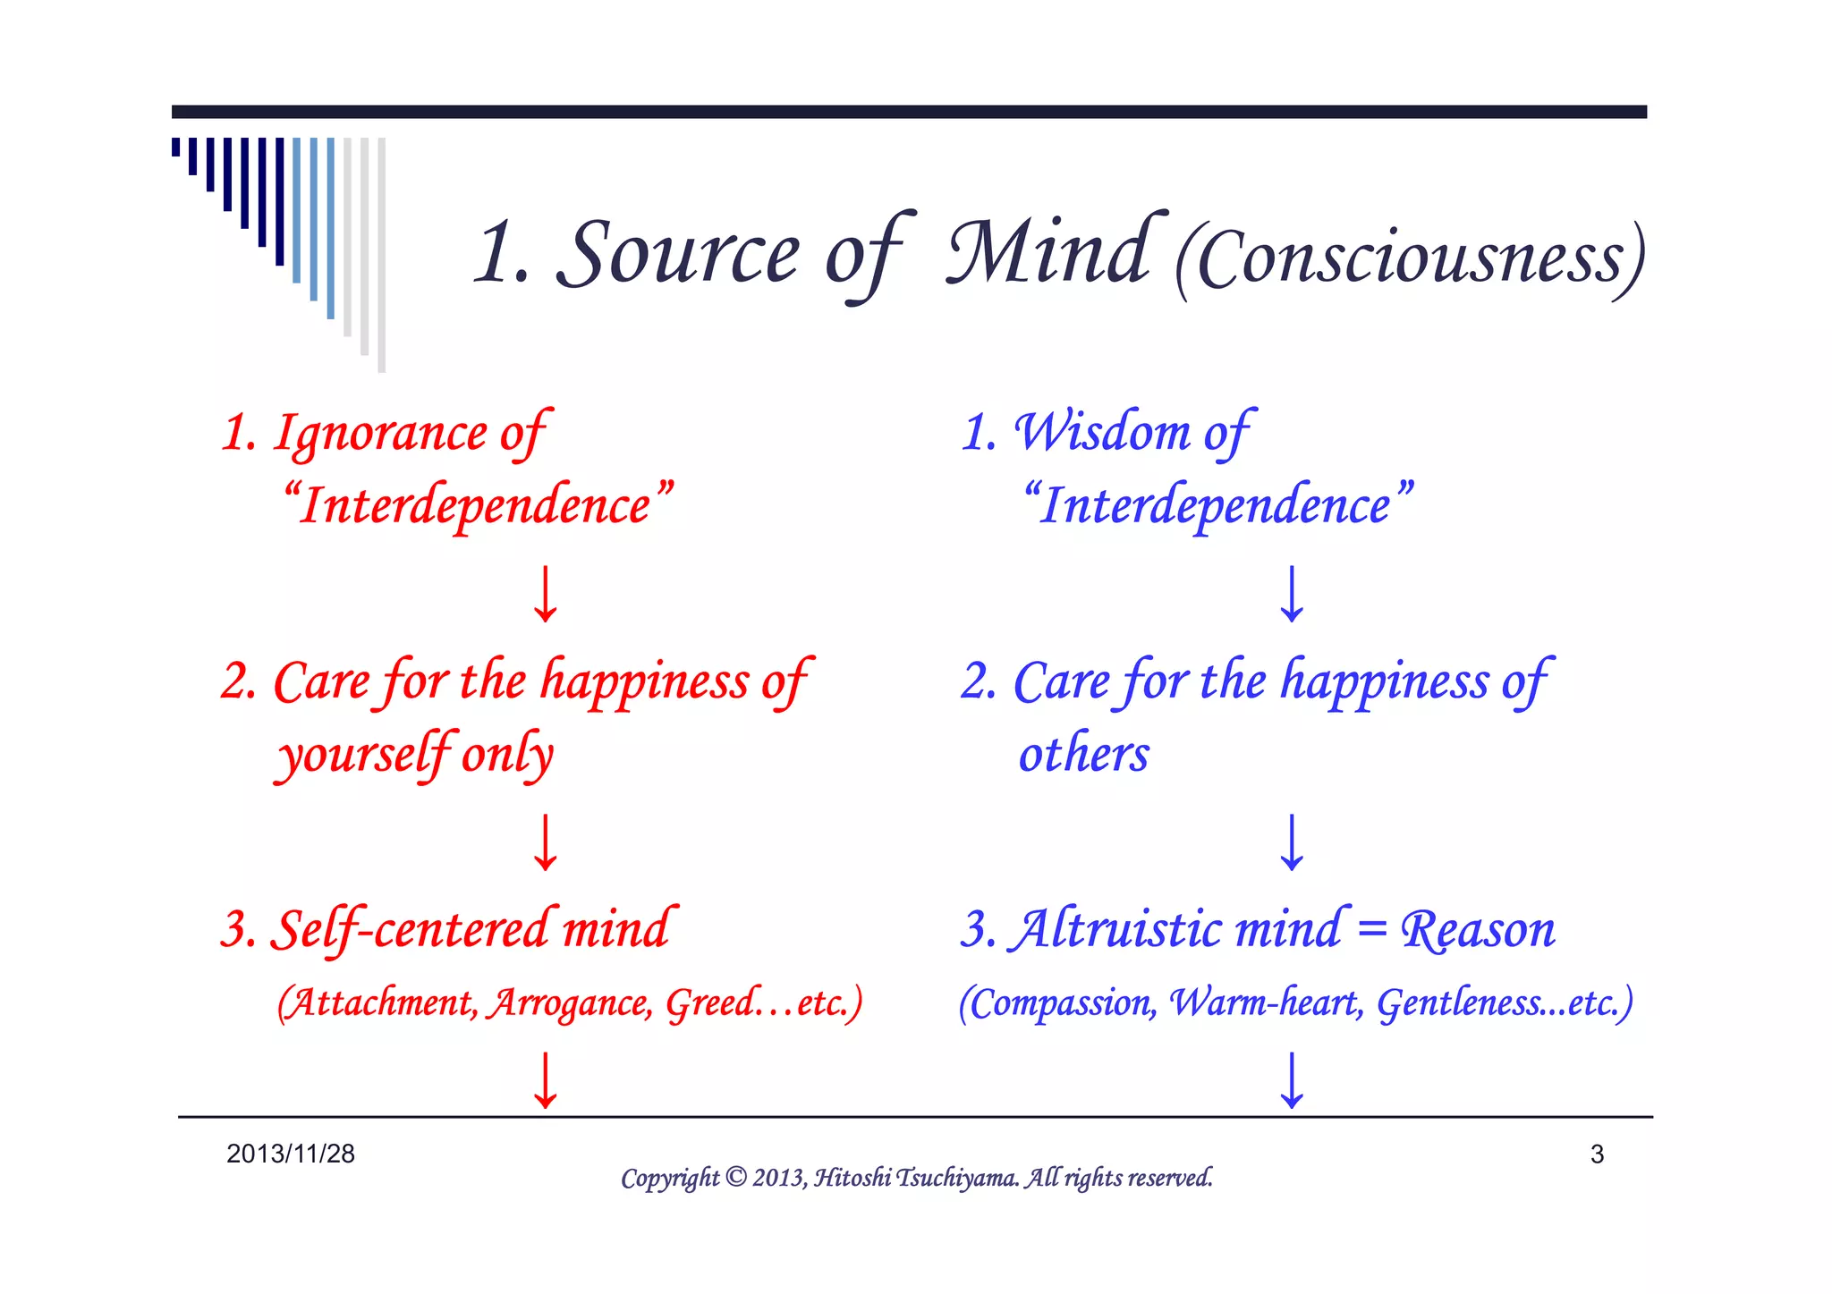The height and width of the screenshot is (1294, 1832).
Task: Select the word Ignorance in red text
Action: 381,433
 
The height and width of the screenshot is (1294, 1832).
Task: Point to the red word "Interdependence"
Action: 478,504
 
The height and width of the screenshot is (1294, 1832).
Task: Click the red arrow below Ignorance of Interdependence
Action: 546,594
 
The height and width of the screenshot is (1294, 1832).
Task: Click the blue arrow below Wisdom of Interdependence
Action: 1292,594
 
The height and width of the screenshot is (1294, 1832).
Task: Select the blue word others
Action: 1084,754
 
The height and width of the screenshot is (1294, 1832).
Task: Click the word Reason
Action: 1478,930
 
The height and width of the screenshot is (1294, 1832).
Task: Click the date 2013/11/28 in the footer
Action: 291,1154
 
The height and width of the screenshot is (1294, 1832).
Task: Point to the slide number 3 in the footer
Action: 1597,1154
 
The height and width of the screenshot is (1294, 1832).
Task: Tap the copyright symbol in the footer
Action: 735,1177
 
